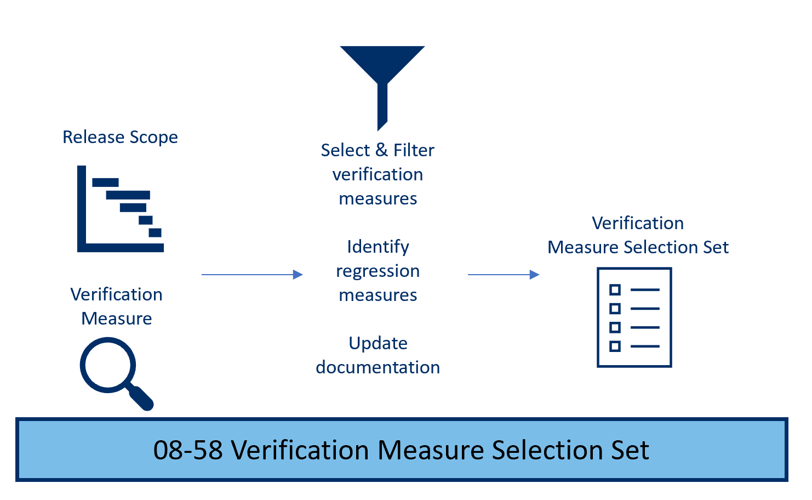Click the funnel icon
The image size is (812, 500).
click(x=382, y=77)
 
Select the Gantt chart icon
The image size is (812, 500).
click(x=121, y=209)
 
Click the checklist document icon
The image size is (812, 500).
click(x=634, y=317)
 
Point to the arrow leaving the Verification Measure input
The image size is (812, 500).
click(x=252, y=275)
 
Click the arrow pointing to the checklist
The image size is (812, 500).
click(x=504, y=275)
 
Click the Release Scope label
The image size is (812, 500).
click(x=120, y=137)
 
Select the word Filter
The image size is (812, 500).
click(x=414, y=150)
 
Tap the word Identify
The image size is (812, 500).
click(x=378, y=247)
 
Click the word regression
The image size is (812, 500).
click(x=378, y=271)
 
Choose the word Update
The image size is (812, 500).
click(x=378, y=343)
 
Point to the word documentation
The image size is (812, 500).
click(x=378, y=367)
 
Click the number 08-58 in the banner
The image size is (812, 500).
click(x=187, y=450)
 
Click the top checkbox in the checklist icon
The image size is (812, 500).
click(x=615, y=289)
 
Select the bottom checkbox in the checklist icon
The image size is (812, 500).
click(x=615, y=346)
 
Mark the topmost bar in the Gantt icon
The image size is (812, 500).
click(x=105, y=183)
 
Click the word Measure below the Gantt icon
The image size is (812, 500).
click(x=116, y=319)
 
